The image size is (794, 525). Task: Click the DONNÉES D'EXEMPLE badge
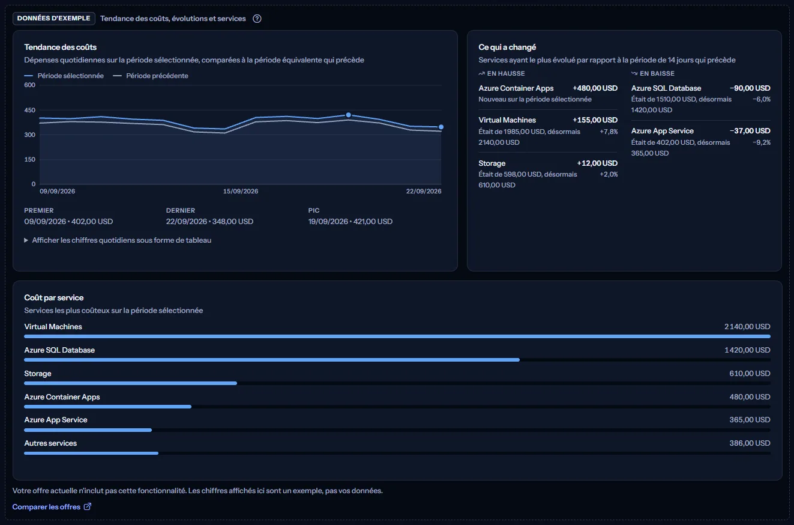[54, 19]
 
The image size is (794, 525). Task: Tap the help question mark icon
[257, 19]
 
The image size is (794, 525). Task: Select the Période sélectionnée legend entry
[64, 76]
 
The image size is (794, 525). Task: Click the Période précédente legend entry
[150, 76]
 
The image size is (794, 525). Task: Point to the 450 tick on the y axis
[30, 110]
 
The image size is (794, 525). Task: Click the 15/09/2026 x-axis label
[241, 191]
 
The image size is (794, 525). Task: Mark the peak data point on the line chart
[349, 115]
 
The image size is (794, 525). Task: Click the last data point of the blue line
[441, 127]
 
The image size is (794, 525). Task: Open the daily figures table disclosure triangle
[26, 240]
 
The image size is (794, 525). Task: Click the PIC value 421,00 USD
[373, 221]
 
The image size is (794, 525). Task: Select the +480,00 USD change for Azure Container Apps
[595, 88]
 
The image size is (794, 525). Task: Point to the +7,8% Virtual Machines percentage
[609, 132]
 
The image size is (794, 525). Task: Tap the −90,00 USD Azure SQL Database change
[750, 88]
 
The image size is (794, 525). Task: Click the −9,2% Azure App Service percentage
[762, 142]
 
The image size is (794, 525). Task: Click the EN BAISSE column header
[653, 73]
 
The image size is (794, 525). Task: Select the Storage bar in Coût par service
[130, 383]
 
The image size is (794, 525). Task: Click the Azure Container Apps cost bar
[108, 407]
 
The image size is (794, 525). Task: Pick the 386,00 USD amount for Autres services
[750, 443]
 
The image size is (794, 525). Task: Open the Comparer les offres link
[52, 507]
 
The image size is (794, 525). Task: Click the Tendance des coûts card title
[60, 47]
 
